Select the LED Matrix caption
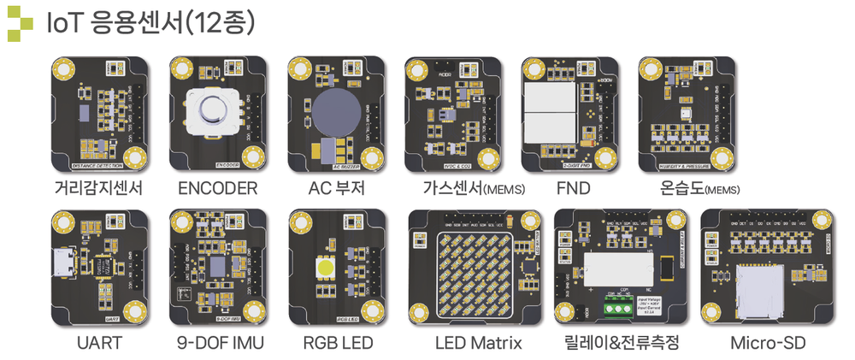pos(479,344)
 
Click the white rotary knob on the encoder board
pos(211,110)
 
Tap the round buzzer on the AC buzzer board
pos(335,111)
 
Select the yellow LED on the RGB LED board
pos(326,266)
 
